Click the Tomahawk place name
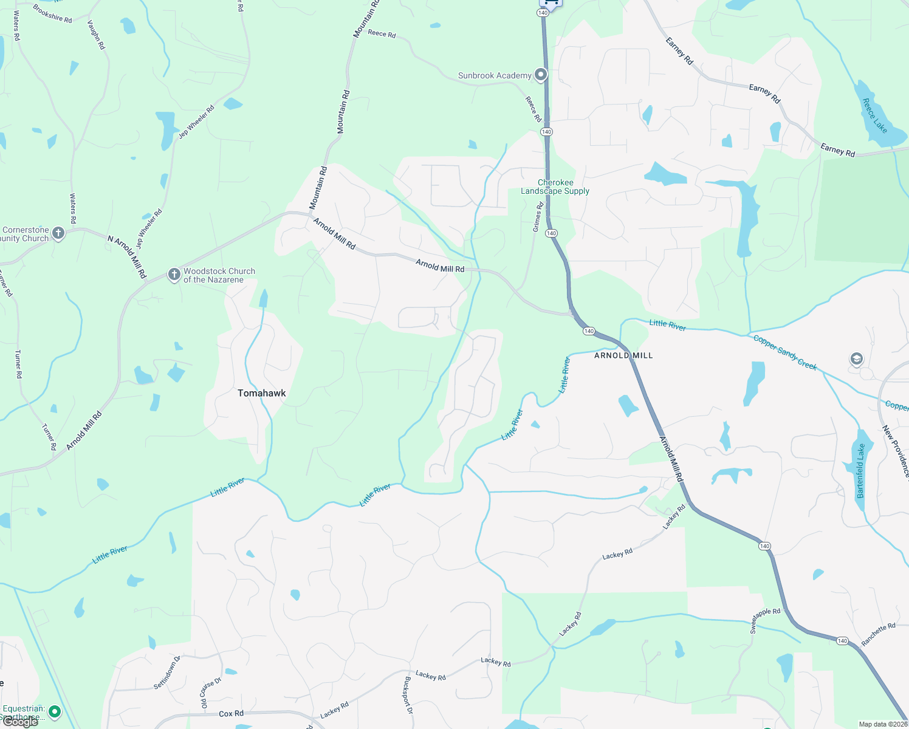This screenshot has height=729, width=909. tap(261, 393)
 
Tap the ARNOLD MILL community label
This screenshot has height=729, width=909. tap(623, 355)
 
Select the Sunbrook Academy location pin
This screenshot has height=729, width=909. tap(540, 75)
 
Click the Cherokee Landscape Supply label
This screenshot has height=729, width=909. tap(555, 187)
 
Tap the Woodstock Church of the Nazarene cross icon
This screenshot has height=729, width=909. tap(174, 275)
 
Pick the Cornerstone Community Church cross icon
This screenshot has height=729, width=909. tap(58, 233)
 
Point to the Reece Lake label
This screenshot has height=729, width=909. tap(874, 116)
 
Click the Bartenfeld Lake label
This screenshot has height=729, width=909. tap(860, 471)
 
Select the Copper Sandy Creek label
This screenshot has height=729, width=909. tap(785, 352)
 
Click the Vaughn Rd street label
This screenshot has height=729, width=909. tap(96, 35)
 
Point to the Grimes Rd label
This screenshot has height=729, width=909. tap(538, 217)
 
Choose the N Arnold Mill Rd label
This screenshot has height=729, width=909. tap(127, 257)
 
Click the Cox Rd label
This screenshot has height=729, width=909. tap(231, 714)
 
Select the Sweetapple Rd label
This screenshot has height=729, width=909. tap(765, 620)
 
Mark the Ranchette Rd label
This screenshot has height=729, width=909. tap(878, 634)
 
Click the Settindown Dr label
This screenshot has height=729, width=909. tap(167, 672)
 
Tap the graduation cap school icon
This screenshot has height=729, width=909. tap(856, 359)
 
